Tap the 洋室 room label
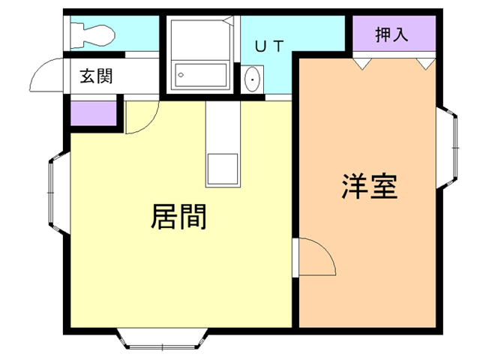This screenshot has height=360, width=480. tap(370, 185)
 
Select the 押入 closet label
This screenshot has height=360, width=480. tap(392, 35)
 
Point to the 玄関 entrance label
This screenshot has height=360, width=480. tap(97, 76)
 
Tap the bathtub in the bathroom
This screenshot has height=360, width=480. tap(200, 75)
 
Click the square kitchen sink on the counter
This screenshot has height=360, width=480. tap(223, 168)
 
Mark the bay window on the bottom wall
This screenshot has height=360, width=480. tap(162, 339)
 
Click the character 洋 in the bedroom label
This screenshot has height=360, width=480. tap(355, 185)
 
